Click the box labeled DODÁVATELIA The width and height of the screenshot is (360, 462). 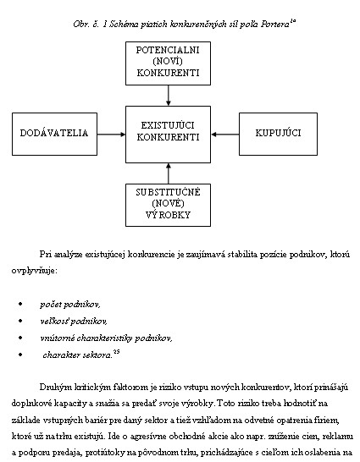pos(54,134)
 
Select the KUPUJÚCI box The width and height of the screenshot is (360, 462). pos(278,134)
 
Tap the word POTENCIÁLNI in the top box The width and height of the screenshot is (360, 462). pos(168,50)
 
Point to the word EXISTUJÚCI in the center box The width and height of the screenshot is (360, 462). pos(168,125)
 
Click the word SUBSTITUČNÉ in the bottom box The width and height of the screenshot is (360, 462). pos(168,192)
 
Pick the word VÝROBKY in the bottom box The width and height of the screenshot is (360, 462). pos(168,215)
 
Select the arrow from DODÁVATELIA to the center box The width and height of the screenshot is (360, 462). pos(112,135)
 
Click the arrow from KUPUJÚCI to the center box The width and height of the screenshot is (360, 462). pos(225,135)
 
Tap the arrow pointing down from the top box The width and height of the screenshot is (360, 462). pos(169,96)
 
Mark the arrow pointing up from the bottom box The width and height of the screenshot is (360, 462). pos(169,173)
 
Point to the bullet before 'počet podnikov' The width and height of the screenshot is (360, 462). pos(20,304)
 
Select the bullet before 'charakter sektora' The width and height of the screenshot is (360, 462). pos(20,355)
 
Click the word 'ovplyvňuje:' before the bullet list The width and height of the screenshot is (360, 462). pos(34,271)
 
